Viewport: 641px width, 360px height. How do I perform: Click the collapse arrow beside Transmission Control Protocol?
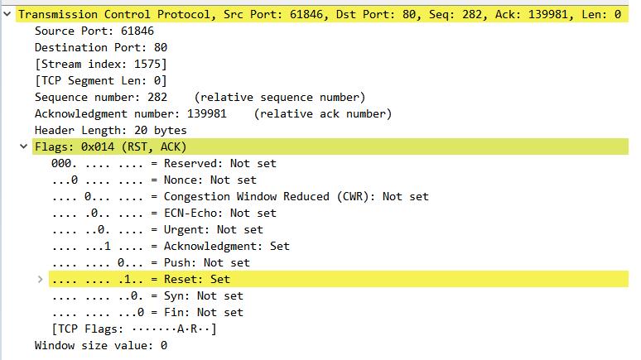7,14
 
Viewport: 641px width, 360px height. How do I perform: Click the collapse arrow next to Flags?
24,146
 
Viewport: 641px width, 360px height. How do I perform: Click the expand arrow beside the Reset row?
40,279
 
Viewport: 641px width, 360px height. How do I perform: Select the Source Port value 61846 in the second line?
137,31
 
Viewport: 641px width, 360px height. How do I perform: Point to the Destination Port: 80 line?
101,47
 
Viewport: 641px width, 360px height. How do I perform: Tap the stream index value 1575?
147,65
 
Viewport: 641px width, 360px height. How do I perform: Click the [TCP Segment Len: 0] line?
101,80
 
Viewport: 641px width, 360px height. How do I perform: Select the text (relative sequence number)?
280,98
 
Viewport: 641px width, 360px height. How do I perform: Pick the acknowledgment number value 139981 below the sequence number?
207,113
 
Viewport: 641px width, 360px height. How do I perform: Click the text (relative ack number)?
322,113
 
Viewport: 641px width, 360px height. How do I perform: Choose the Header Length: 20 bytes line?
110,131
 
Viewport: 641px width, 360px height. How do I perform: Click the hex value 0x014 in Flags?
98,146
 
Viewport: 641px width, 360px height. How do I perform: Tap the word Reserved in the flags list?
193,164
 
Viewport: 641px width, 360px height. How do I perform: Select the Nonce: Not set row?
154,180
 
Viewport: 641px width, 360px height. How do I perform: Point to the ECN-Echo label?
190,213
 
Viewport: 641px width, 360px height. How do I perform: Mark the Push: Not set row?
151,262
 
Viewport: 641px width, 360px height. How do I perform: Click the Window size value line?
101,346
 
